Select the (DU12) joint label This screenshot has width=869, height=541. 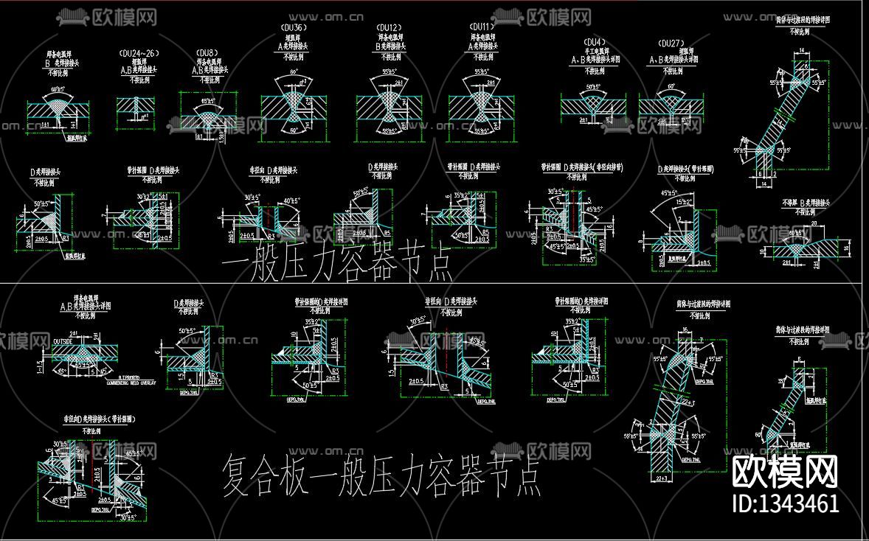(390, 27)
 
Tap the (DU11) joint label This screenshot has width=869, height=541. (481, 27)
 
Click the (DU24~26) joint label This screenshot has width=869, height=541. (138, 54)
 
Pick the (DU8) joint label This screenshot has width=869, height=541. (206, 54)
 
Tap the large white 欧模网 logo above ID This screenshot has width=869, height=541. (783, 470)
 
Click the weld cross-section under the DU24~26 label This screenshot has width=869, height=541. (136, 108)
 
